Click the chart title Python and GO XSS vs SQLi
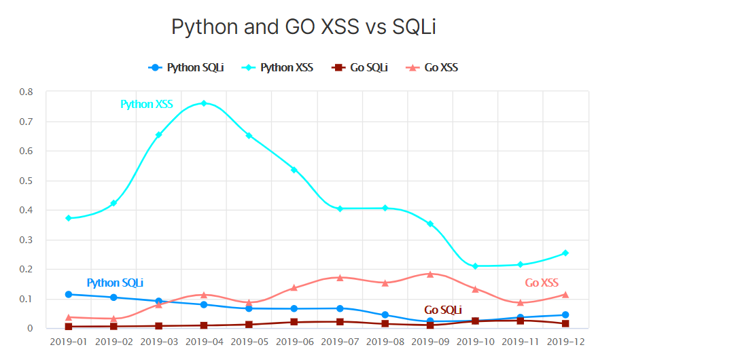coord(303,26)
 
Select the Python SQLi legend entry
coord(186,67)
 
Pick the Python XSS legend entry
coord(279,67)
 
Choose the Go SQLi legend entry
coord(359,67)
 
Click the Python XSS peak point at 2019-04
coord(204,103)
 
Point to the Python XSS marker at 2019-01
coord(69,218)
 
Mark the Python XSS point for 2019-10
coord(475,266)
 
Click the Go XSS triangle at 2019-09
coord(430,274)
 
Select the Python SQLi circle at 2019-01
coord(69,294)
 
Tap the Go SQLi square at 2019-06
coord(294,322)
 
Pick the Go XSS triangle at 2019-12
coord(565,295)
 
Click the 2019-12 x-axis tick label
coord(565,342)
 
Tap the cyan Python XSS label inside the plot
coord(147,105)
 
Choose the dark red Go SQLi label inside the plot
coord(443,310)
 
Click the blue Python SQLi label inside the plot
coord(115,283)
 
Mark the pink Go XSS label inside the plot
coord(542,283)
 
